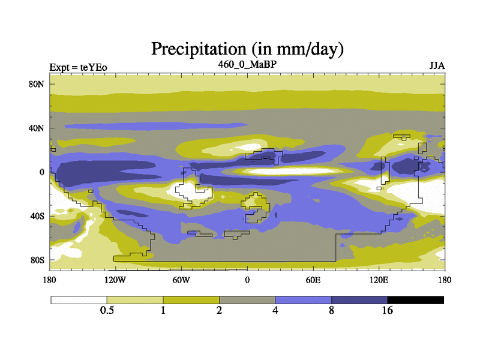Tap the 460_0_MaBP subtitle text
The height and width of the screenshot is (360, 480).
(x=247, y=64)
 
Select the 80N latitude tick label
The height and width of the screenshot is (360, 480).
(x=38, y=84)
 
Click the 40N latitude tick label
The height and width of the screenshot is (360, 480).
(x=38, y=128)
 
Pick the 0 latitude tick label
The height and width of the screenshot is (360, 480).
(x=42, y=172)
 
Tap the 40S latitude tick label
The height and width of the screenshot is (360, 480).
(x=38, y=216)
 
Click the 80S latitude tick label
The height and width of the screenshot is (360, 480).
(x=38, y=260)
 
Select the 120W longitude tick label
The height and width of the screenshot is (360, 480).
(x=115, y=280)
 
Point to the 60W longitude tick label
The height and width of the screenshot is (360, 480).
(x=181, y=280)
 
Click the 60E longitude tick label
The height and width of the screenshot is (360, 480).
(x=313, y=280)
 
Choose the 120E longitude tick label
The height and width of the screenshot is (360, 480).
(x=379, y=280)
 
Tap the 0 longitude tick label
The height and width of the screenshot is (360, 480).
(x=247, y=280)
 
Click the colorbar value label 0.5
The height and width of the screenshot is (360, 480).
(x=107, y=310)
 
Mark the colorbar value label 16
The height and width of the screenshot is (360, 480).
(x=388, y=310)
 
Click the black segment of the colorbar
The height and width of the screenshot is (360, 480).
(x=415, y=299)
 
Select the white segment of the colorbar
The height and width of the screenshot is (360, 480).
(x=79, y=299)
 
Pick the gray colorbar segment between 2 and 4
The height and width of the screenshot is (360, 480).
(x=247, y=299)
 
